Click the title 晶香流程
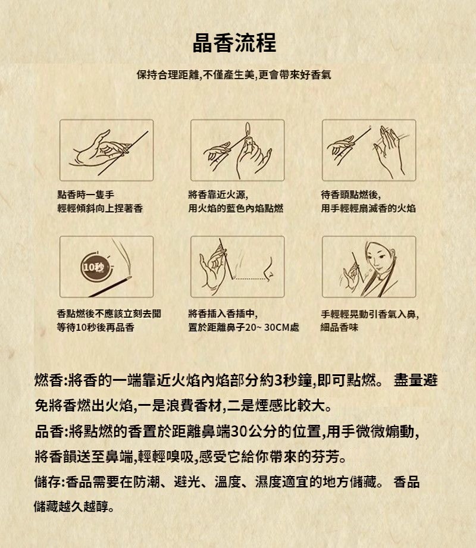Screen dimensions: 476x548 click(234, 43)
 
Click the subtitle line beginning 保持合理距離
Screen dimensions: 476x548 click(234, 74)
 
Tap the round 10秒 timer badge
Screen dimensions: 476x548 click(93, 268)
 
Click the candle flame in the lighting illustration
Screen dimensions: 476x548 click(248, 129)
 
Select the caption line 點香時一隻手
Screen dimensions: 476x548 click(86, 195)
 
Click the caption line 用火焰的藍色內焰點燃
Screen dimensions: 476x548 click(236, 209)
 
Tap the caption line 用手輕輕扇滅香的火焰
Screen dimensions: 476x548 click(368, 209)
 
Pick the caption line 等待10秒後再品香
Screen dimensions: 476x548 click(95, 327)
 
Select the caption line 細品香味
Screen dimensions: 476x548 click(339, 327)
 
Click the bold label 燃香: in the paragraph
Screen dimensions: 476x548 click(51, 380)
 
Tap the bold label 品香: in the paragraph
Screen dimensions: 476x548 click(51, 431)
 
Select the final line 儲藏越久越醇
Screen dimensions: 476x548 click(74, 506)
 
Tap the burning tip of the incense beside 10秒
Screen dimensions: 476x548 click(129, 278)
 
